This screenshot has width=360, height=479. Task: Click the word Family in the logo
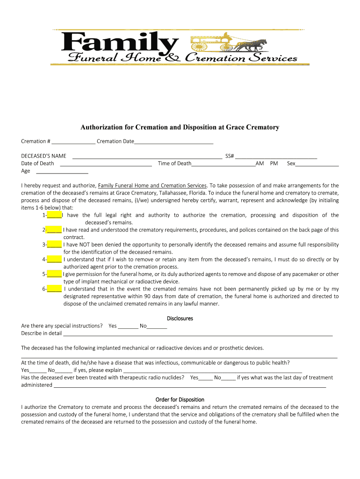point(119,43)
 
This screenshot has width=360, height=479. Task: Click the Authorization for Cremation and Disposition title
point(180,127)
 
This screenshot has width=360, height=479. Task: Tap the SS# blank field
point(276,157)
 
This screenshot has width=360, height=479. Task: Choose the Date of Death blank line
point(106,164)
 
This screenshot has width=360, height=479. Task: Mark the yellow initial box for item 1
point(54,215)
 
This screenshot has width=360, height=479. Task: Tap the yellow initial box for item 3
point(54,245)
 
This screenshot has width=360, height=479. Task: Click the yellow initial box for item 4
point(54,259)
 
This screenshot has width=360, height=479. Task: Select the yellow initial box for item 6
point(54,289)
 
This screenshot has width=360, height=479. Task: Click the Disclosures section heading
point(180,319)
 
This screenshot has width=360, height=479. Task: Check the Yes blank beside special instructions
point(128,326)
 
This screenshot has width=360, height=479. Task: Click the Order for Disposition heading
point(180,399)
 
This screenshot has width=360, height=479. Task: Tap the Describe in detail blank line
point(198,334)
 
